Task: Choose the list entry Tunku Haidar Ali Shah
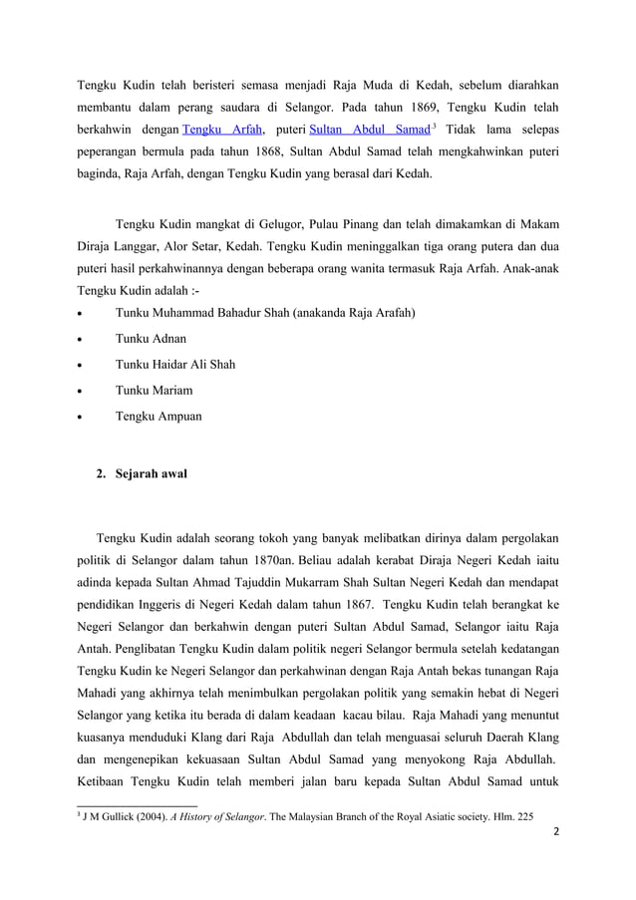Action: [x=175, y=365]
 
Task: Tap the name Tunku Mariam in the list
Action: [x=155, y=390]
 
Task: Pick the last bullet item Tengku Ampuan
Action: [x=159, y=415]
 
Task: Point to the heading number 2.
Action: [x=100, y=470]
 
